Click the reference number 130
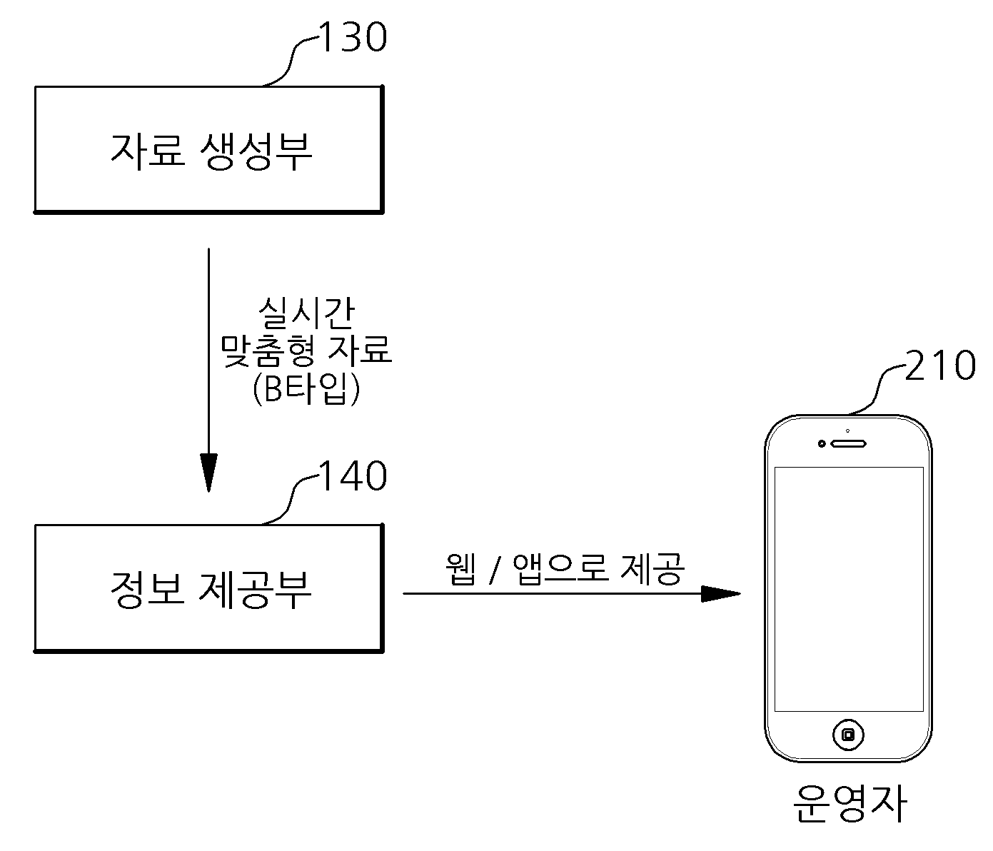pyautogui.click(x=352, y=36)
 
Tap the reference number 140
pyautogui.click(x=352, y=475)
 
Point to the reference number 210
pyautogui.click(x=940, y=366)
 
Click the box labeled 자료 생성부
pyautogui.click(x=209, y=149)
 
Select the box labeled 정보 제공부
pyautogui.click(x=209, y=588)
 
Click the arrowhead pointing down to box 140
pyautogui.click(x=208, y=473)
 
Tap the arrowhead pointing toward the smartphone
pyautogui.click(x=720, y=593)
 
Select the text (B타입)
pyautogui.click(x=306, y=388)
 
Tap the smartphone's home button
pyautogui.click(x=848, y=735)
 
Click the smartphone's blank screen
pyautogui.click(x=849, y=589)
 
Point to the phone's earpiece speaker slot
pyautogui.click(x=848, y=443)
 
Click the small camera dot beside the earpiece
pyautogui.click(x=822, y=443)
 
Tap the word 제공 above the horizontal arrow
pyautogui.click(x=652, y=569)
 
